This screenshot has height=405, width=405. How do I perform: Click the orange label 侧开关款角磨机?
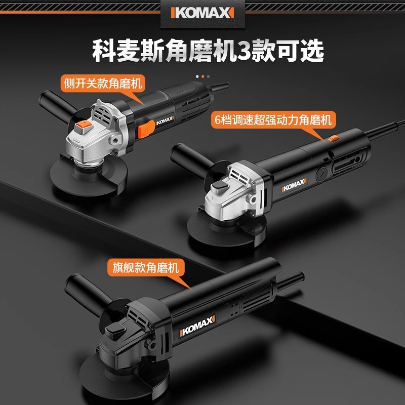(103, 83)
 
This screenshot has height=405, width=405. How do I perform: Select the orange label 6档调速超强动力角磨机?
(273, 119)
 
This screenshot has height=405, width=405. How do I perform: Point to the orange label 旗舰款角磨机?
(146, 267)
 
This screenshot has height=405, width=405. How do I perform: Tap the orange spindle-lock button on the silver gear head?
(84, 127)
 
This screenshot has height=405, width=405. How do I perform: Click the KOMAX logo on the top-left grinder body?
(165, 120)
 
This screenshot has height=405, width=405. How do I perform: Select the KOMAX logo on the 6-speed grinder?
(294, 184)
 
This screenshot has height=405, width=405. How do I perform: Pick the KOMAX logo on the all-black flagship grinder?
(197, 326)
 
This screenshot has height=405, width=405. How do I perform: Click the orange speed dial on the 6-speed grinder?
(334, 138)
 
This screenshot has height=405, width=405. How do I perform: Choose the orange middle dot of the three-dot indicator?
(203, 76)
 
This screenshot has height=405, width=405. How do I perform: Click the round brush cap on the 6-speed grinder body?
(322, 173)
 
